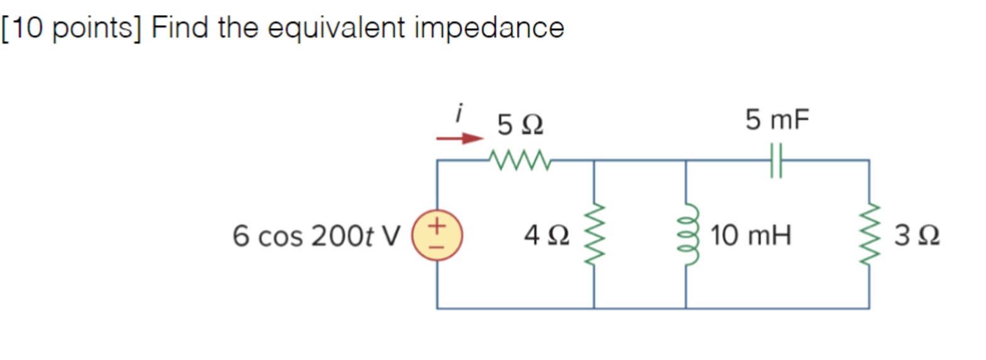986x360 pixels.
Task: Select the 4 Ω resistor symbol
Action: [x=594, y=235]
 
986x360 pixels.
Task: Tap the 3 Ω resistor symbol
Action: [x=869, y=235]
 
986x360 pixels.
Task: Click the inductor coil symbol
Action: [x=686, y=235]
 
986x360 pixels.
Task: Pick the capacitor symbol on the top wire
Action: [x=776, y=160]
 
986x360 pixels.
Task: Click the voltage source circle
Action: [x=437, y=235]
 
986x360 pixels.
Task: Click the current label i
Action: [x=459, y=113]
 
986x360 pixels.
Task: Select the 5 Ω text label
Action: [x=520, y=124]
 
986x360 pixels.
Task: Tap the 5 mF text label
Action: [x=777, y=119]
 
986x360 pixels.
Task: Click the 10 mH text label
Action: [x=750, y=236]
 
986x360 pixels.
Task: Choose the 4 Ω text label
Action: [x=547, y=236]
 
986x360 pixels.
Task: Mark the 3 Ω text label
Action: [x=917, y=236]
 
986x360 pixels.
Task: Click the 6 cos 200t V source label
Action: [x=316, y=236]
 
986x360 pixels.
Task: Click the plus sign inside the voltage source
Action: [x=437, y=225]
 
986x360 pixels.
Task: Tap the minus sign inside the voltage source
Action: [x=437, y=246]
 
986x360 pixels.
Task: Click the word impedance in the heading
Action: [x=489, y=28]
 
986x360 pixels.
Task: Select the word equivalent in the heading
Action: [x=336, y=28]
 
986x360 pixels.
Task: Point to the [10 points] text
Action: [x=71, y=28]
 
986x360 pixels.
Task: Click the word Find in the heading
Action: [x=180, y=28]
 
